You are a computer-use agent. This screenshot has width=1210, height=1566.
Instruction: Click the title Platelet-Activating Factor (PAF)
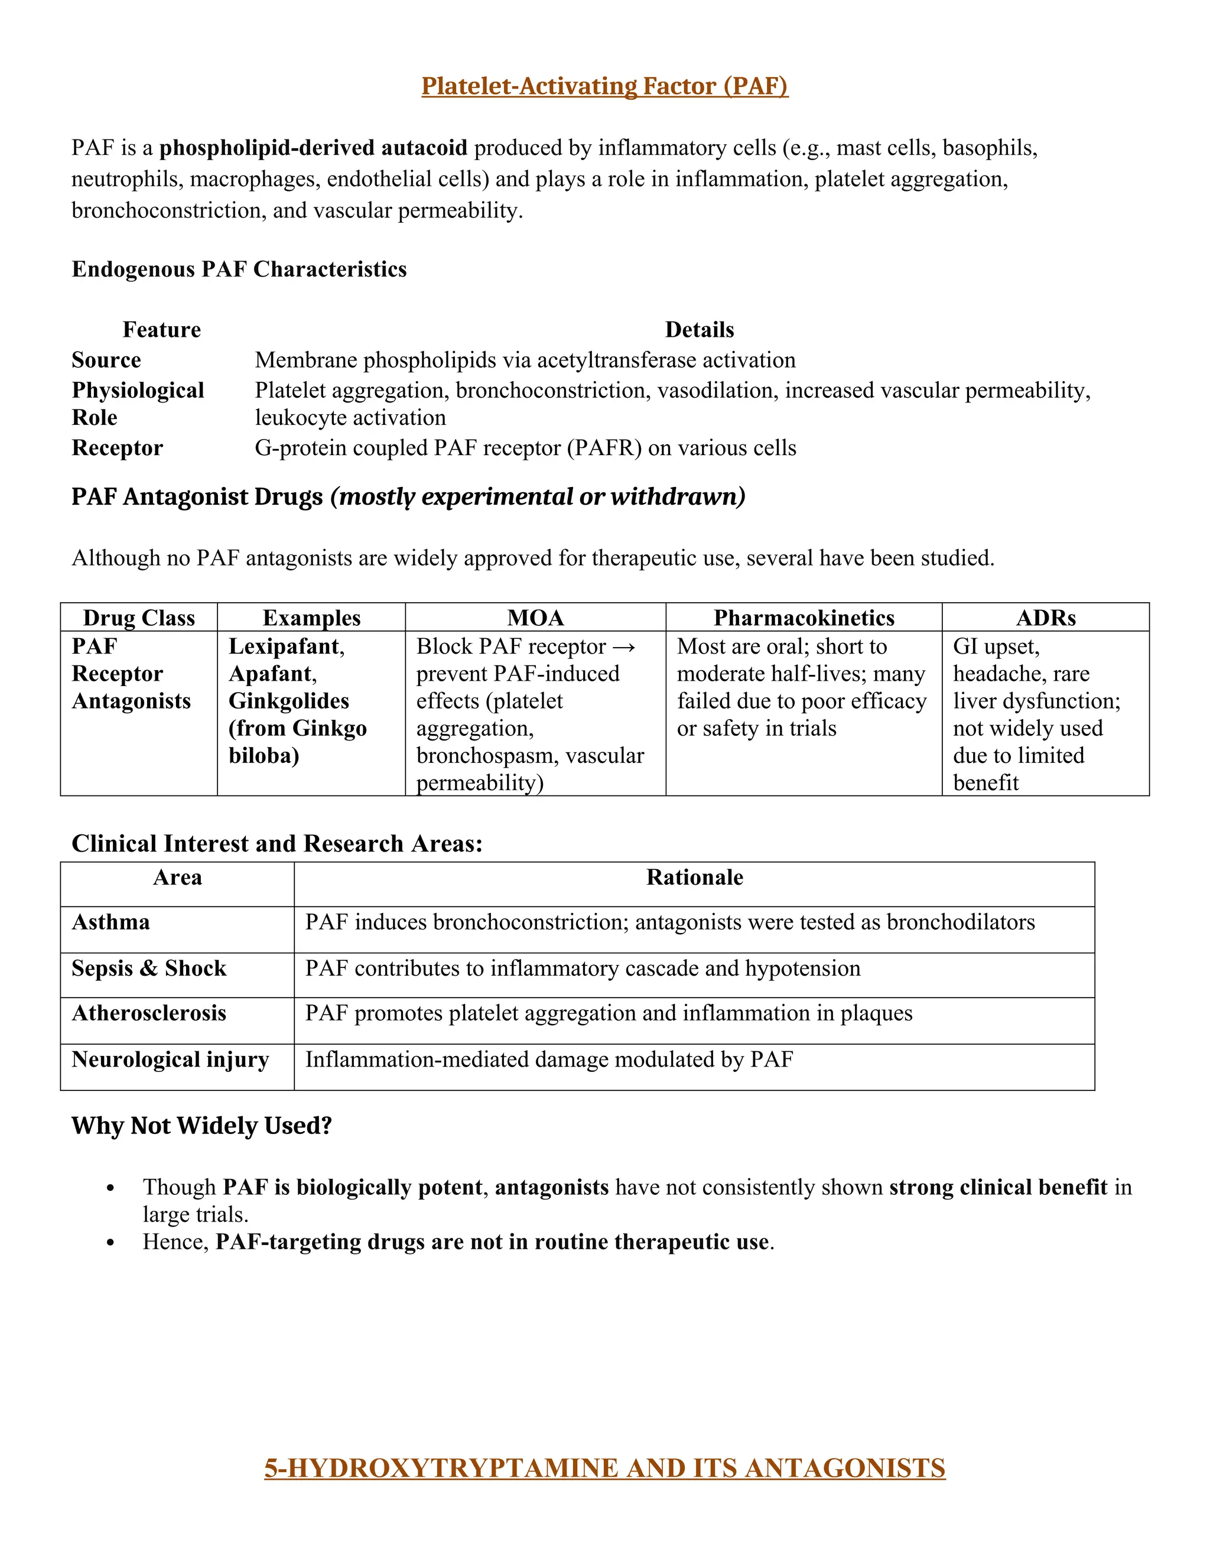604,86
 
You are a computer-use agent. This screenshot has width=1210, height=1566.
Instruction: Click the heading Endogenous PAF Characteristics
239,269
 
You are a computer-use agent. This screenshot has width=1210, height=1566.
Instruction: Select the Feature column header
161,330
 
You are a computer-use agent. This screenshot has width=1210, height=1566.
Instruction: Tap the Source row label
106,360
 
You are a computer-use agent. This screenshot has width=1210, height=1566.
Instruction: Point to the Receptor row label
117,448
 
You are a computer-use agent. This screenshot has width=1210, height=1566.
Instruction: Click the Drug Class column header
139,618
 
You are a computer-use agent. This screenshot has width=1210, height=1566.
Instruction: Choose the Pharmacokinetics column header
804,618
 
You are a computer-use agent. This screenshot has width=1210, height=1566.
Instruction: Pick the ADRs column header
1045,618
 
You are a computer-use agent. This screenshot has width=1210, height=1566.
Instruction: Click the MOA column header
535,618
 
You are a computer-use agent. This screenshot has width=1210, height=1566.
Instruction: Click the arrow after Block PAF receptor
624,646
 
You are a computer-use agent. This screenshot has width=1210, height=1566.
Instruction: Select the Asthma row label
111,922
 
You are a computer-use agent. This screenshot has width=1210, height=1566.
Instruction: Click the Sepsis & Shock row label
149,969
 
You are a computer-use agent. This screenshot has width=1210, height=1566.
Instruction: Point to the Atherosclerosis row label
149,1013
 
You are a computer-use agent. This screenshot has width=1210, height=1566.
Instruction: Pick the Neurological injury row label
170,1060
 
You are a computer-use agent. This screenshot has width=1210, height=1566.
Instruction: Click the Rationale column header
694,878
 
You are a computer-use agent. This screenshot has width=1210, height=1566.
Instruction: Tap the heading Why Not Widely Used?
201,1126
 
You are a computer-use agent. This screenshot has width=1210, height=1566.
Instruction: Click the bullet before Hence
110,1243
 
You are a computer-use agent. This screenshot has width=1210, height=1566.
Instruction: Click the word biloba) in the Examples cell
263,756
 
